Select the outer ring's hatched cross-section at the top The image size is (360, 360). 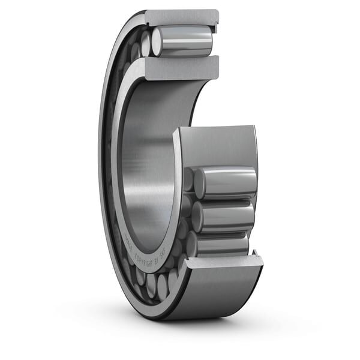(x=180, y=17)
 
